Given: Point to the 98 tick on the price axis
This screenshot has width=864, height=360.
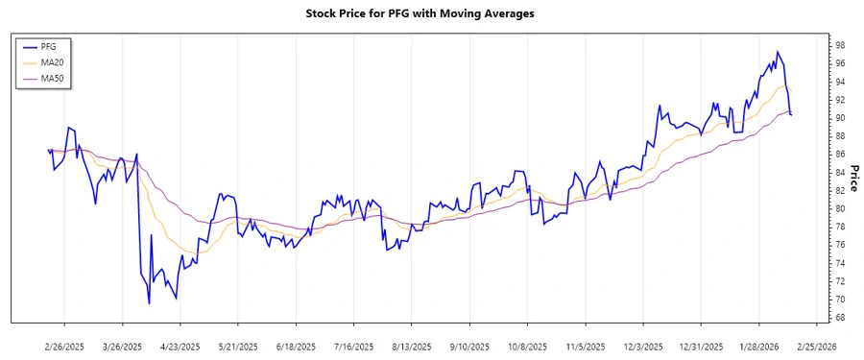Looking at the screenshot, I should click(x=839, y=45).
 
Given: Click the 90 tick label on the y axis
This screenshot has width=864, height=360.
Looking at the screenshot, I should click(x=839, y=118).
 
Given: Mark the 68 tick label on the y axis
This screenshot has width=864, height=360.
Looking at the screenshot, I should click(x=839, y=318).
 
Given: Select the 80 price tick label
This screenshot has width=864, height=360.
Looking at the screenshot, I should click(x=839, y=208).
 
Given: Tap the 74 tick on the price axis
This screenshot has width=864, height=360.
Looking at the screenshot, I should click(x=839, y=263).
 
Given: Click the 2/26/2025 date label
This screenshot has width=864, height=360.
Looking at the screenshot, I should click(x=64, y=346).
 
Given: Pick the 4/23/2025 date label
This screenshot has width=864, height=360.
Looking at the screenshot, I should click(x=180, y=346).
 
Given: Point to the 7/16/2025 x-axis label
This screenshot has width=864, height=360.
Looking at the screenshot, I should click(x=353, y=346).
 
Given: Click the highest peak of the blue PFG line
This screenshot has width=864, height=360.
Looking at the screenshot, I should click(x=778, y=52).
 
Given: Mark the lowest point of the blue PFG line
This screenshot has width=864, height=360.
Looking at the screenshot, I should click(x=149, y=303).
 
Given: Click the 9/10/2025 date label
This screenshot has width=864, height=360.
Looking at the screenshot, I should click(x=469, y=346).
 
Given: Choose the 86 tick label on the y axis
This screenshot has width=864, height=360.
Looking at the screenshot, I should click(x=839, y=155).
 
